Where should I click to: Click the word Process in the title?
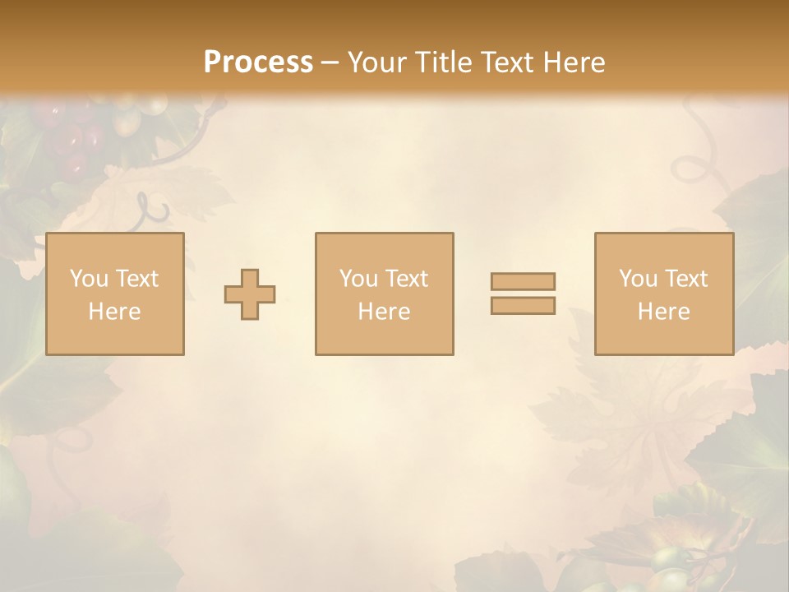258,62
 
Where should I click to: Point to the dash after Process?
330,63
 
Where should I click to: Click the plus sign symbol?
250,294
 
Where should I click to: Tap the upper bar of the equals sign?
523,281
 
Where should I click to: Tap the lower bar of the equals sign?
523,305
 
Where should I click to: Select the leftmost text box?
114,294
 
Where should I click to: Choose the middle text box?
384,294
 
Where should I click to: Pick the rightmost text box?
663,294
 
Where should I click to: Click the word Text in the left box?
136,279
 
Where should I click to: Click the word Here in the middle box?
384,312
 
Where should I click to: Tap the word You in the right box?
638,279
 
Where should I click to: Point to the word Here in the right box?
663,312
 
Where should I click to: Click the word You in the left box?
89,279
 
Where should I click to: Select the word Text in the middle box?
406,279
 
